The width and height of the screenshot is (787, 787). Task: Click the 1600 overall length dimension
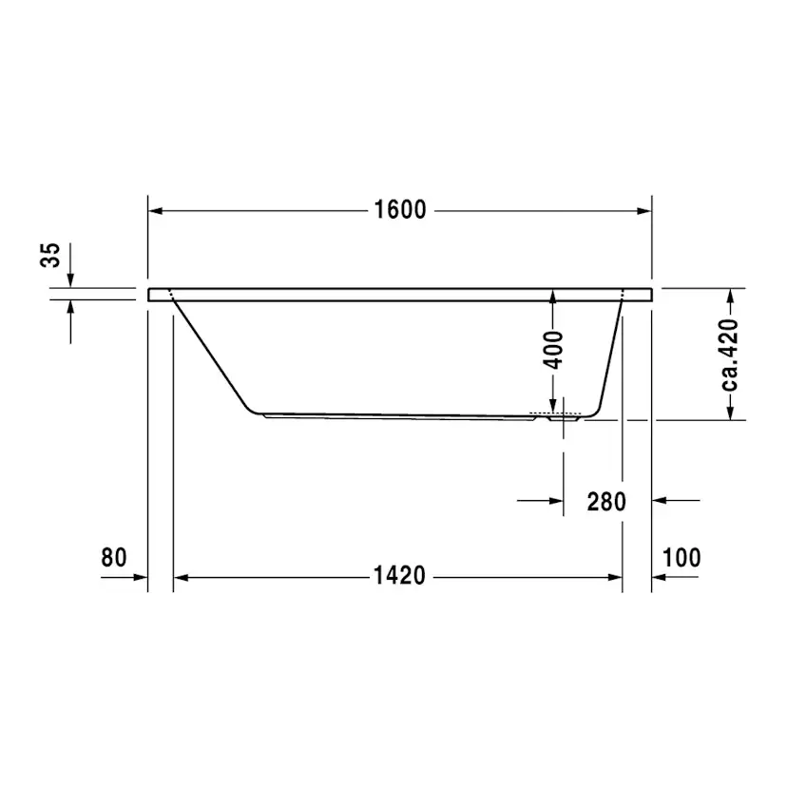[x=399, y=210]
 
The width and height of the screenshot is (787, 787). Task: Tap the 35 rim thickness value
[x=51, y=256]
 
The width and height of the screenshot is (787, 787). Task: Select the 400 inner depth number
[x=553, y=350]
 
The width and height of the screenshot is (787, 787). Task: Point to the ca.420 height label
[x=730, y=355]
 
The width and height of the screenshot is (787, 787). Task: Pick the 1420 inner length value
[x=399, y=577]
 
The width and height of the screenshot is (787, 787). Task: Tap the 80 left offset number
[x=114, y=558]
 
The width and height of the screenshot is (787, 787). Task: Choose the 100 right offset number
[x=681, y=558]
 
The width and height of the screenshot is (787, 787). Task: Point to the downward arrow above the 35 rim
[x=70, y=278]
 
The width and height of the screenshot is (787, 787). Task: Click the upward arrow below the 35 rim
[x=70, y=308]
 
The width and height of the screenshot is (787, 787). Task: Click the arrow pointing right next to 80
[x=139, y=577]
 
